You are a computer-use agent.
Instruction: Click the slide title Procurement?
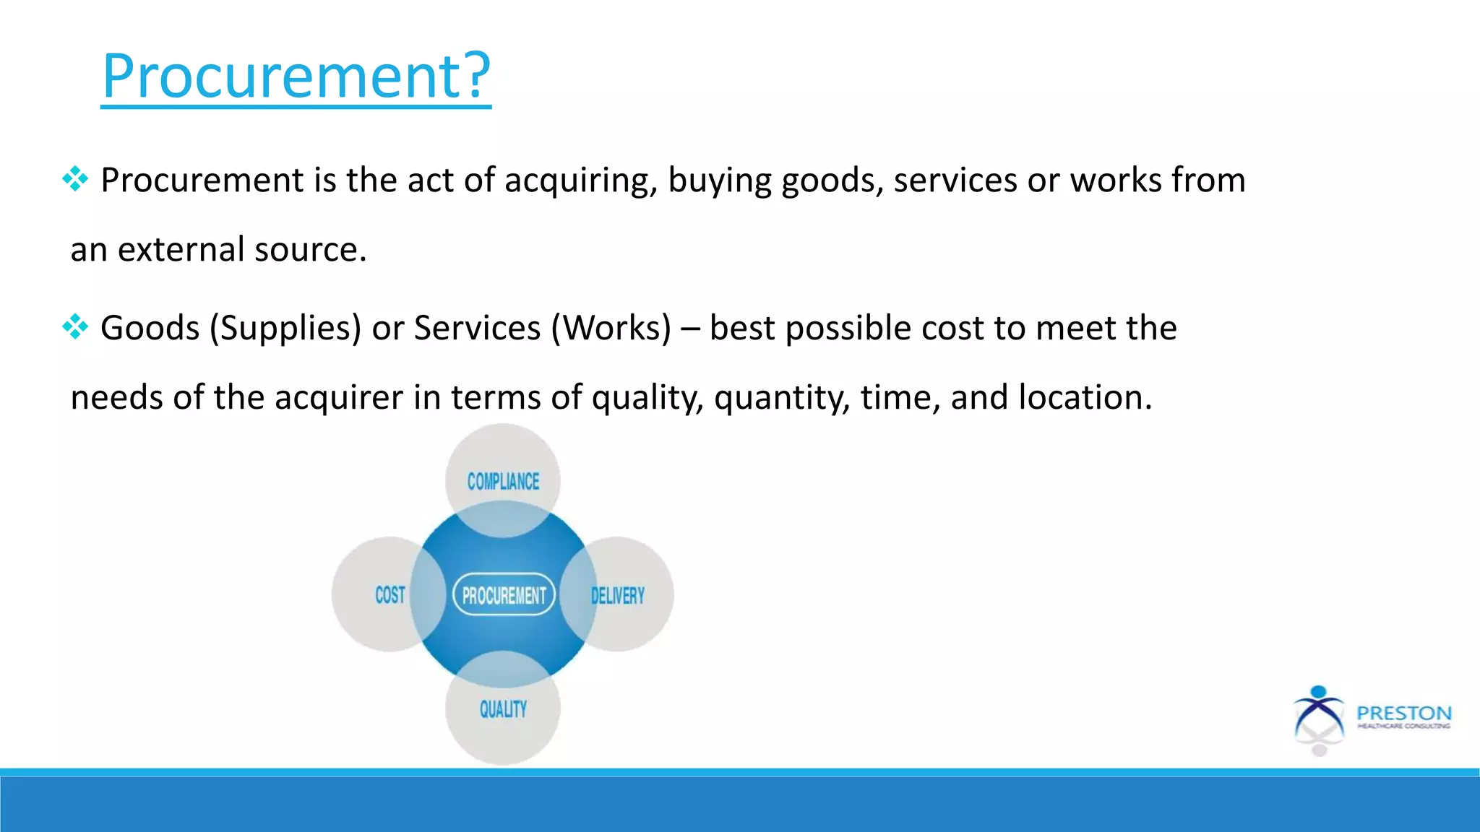tap(296, 75)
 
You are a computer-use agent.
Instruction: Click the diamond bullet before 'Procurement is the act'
tap(75, 179)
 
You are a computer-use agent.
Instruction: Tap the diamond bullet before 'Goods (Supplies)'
tap(75, 327)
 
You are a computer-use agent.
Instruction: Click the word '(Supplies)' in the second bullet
tap(285, 329)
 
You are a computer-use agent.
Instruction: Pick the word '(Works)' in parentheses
tap(611, 329)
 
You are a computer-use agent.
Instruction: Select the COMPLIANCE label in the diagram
tap(503, 482)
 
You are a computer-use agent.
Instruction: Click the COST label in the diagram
tap(390, 595)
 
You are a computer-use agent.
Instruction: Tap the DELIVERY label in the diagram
tap(618, 596)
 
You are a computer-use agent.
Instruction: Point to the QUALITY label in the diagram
tap(503, 709)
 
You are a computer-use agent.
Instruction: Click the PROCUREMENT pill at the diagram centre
tap(504, 595)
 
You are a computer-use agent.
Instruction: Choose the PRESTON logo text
tap(1403, 714)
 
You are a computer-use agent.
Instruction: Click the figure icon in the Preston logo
tap(1319, 719)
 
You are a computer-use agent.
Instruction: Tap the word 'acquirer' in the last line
tap(339, 398)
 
